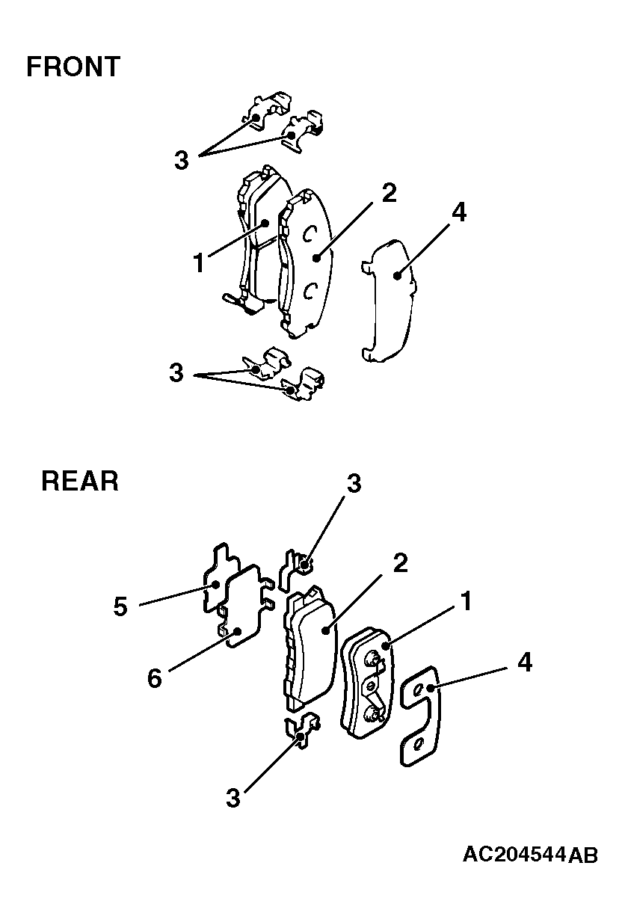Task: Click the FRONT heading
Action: [73, 67]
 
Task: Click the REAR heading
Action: [80, 481]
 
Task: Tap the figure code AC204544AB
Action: [530, 855]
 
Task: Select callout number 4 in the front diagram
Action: [459, 213]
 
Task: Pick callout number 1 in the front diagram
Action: [200, 262]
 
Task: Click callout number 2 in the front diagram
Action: [390, 193]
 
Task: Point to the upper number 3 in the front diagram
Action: [182, 160]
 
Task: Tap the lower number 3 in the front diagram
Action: [176, 373]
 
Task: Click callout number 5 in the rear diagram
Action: [120, 606]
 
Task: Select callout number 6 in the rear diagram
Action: [155, 678]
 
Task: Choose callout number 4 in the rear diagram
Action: [525, 663]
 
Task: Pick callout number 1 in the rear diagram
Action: [467, 601]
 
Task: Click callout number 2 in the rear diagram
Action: [400, 563]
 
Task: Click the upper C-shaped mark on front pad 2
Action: [309, 234]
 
